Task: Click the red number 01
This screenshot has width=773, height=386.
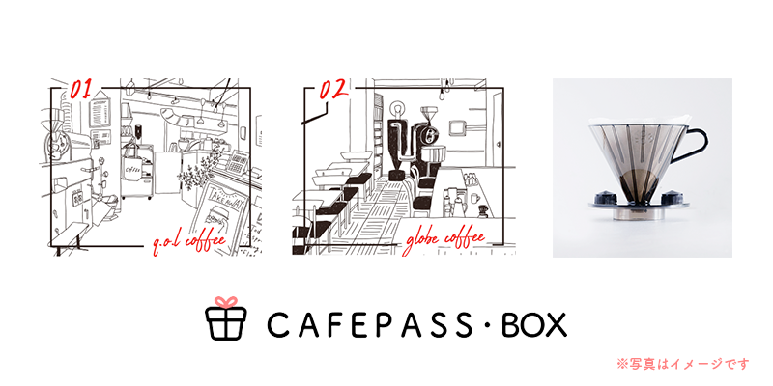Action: (82, 89)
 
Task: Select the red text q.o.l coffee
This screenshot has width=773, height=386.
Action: (189, 243)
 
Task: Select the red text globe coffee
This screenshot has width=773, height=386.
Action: (445, 241)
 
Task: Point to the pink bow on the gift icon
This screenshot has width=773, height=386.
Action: (226, 302)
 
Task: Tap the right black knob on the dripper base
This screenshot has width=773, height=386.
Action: (671, 199)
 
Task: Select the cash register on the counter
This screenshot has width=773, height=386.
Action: (238, 161)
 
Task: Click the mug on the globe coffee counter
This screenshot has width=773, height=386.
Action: (474, 198)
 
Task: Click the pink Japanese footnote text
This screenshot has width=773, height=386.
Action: (683, 364)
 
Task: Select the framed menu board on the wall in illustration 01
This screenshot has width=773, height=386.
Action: (100, 113)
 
